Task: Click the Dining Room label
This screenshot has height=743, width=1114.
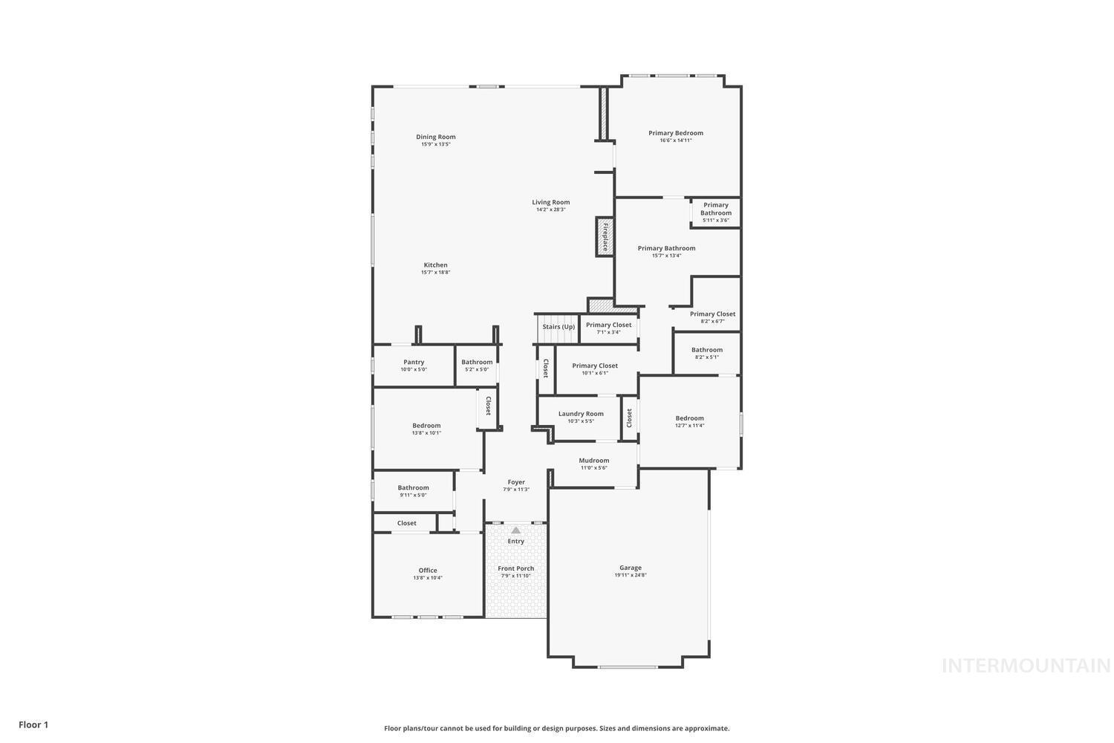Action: (435, 137)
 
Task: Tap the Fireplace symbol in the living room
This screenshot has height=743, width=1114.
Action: (605, 237)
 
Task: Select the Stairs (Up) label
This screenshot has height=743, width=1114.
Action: (558, 327)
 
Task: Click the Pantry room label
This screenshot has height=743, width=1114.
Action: (414, 363)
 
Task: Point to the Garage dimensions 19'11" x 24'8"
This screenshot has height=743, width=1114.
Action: (631, 575)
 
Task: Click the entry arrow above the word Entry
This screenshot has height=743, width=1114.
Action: (515, 531)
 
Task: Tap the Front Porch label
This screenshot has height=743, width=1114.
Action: (515, 568)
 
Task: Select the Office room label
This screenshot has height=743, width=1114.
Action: (428, 571)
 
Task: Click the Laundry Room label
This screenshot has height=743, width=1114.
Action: (581, 414)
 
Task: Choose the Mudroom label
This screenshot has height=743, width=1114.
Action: (593, 461)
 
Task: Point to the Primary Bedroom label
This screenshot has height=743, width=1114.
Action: (675, 134)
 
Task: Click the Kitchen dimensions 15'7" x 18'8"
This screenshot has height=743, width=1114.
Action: (435, 273)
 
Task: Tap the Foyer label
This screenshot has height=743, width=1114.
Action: (516, 482)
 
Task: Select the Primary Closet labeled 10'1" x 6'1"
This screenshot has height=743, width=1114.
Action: (595, 366)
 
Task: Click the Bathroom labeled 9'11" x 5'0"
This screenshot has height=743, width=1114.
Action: (413, 488)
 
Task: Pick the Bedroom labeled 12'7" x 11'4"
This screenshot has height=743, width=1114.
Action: (689, 418)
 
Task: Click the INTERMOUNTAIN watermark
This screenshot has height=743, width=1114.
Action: (1026, 666)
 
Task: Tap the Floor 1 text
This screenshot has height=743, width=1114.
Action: (33, 724)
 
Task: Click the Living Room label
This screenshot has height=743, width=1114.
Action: (550, 202)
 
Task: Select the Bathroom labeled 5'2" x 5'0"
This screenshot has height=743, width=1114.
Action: (477, 363)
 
